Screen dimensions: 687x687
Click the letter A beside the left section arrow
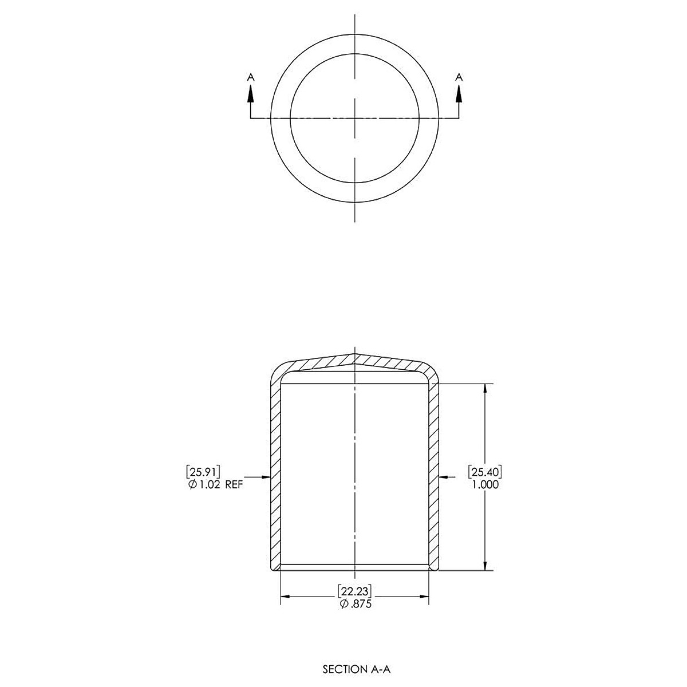[x=250, y=76]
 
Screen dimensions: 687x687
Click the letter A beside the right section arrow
[x=459, y=76]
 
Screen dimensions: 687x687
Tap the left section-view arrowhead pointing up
[x=250, y=94]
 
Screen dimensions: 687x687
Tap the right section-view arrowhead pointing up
[x=459, y=94]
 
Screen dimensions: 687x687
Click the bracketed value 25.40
[x=485, y=472]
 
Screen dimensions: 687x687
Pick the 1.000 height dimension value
[x=485, y=484]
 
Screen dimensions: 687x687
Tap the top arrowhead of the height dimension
[x=485, y=388]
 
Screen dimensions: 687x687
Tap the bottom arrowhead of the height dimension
[x=485, y=565]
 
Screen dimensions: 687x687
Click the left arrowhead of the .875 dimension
[x=285, y=598]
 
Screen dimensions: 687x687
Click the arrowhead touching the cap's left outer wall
[x=265, y=476]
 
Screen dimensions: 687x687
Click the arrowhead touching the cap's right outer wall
[x=444, y=476]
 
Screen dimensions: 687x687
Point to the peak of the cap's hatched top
[x=356, y=354]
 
